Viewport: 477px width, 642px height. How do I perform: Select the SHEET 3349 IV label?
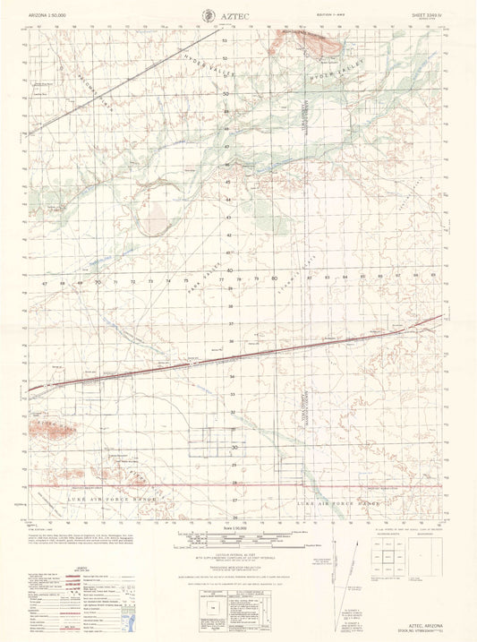coord(425,14)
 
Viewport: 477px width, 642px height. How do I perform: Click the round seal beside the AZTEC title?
coord(209,15)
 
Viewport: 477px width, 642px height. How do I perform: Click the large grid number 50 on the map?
coord(226,93)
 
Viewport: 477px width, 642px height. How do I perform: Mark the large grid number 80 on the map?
coord(273,279)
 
